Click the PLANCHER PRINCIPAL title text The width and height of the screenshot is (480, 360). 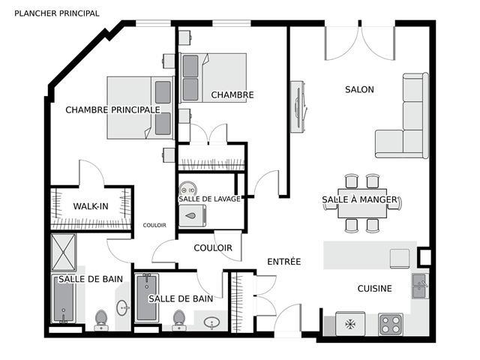tap(57, 13)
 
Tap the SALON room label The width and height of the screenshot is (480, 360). tap(359, 89)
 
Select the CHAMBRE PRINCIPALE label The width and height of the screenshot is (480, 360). tap(113, 109)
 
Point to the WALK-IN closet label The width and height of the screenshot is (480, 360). tap(91, 206)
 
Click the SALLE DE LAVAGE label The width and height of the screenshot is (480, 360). tap(210, 199)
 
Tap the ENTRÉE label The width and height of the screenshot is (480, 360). tap(284, 262)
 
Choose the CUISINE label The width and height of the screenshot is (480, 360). tap(375, 288)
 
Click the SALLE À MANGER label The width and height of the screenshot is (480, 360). tap(359, 199)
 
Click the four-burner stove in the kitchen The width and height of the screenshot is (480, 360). tap(390, 325)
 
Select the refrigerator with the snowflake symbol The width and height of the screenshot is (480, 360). tap(350, 324)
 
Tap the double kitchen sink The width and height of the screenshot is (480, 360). tap(419, 286)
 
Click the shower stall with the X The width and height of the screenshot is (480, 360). tap(63, 253)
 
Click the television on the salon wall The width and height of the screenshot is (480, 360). tap(298, 106)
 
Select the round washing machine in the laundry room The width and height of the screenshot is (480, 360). tap(187, 190)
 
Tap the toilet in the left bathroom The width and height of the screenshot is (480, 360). tap(101, 320)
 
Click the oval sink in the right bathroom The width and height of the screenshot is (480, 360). tap(211, 322)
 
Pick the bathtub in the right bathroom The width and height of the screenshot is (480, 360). tap(147, 298)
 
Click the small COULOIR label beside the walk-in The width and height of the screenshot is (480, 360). tap(154, 225)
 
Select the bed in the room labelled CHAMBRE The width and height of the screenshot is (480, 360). tap(213, 78)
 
